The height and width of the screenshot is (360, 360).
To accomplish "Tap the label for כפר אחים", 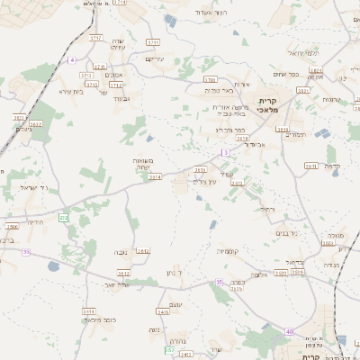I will pos(286,75).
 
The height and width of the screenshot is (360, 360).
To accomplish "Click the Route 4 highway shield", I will pos(71,59).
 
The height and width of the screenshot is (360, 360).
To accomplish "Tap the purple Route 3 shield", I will pos(225,152).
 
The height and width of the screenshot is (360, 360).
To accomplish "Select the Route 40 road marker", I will pos(289,332).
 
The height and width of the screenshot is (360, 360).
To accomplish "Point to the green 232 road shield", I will pos(64,218).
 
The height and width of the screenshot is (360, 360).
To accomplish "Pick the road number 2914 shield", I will pos(155,177).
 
